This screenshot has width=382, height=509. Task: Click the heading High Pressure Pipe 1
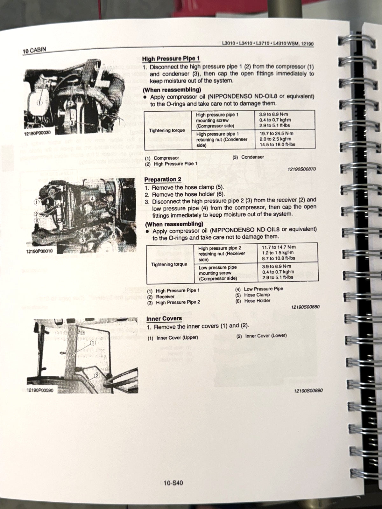tap(171, 59)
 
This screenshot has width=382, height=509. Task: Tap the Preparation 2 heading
tap(163, 179)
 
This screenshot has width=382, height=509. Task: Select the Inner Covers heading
tap(164, 318)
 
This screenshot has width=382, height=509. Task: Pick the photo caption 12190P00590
tap(40, 390)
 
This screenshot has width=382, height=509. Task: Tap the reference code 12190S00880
tap(305, 307)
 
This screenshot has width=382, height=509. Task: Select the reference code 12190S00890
tap(308, 390)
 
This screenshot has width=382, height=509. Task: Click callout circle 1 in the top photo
tap(39, 103)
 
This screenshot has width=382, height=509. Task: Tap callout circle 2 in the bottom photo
tap(97, 376)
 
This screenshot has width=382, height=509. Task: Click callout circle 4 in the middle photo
tap(92, 199)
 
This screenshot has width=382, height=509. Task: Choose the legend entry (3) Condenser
tap(249, 157)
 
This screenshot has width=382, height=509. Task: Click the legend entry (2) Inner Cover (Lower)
tap(262, 336)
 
